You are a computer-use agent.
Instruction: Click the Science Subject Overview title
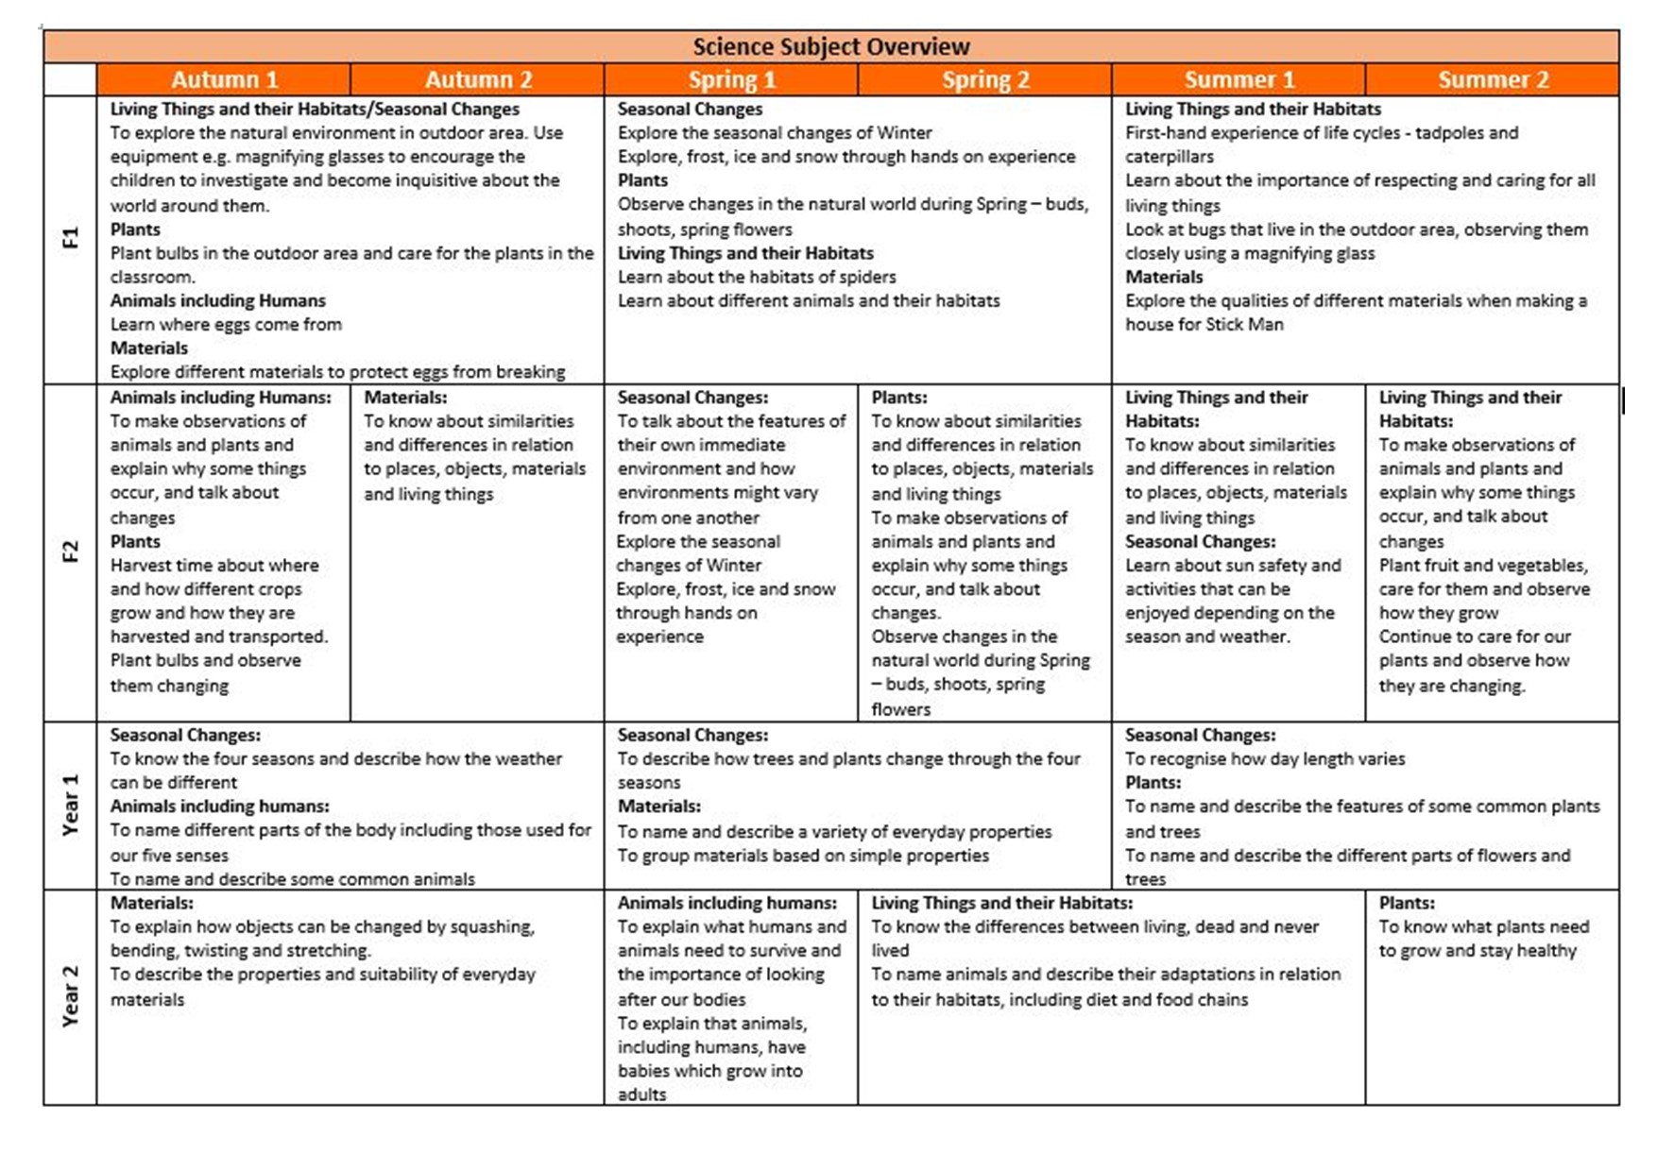coord(830,46)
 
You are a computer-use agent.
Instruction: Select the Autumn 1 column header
coord(224,79)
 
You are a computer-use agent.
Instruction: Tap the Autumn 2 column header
coord(478,79)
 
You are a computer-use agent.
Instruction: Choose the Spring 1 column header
coord(731,79)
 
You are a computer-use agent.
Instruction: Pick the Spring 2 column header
coord(985,79)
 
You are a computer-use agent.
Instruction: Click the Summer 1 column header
coord(1238,79)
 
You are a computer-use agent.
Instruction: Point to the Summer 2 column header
coord(1493,79)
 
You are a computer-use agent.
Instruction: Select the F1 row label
coord(70,238)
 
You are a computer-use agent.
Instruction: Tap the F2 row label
coord(70,552)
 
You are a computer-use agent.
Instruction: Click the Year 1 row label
coord(70,805)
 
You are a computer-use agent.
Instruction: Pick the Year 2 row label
coord(70,996)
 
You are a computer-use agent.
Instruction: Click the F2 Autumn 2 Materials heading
coord(405,398)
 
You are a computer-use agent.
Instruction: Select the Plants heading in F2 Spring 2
coord(898,398)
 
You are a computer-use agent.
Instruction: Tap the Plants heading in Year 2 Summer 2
coord(1406,903)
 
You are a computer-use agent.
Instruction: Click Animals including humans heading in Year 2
coord(726,903)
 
